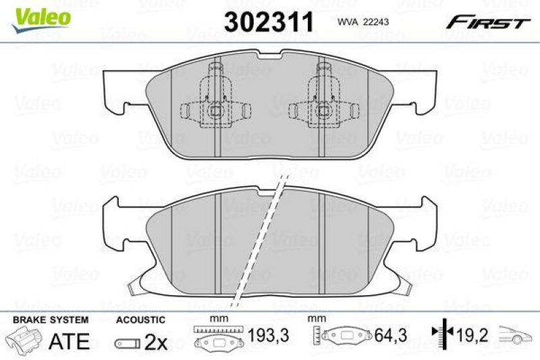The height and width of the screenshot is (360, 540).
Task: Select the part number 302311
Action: click(x=270, y=22)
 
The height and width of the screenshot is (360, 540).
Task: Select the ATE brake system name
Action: click(x=70, y=341)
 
